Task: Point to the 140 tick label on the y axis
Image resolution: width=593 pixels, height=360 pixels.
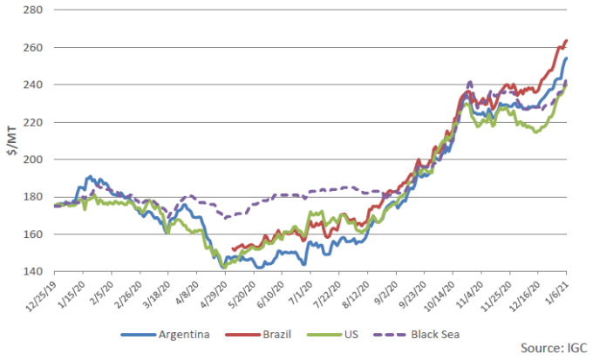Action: (37, 271)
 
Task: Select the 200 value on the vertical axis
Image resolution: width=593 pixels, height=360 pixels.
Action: (37, 160)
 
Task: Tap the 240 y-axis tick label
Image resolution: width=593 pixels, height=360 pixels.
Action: (37, 85)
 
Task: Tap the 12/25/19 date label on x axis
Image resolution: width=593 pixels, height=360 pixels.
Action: (38, 295)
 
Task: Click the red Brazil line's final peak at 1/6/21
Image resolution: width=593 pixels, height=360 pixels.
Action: (567, 40)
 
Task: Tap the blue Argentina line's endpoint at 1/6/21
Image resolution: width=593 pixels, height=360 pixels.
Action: (567, 59)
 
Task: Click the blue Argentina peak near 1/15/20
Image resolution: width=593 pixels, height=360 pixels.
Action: (89, 177)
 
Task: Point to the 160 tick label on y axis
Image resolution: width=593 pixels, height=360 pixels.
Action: (37, 234)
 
